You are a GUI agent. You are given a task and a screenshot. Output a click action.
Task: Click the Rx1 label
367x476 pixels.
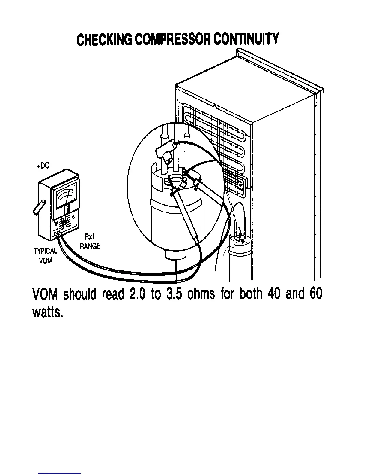pos(90,237)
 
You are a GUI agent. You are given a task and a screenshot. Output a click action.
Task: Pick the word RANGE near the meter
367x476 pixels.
pos(90,246)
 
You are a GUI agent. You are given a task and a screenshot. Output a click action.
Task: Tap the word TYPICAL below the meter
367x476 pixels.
pos(45,251)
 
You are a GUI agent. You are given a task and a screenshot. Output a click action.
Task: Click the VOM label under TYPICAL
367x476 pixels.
pos(46,260)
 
